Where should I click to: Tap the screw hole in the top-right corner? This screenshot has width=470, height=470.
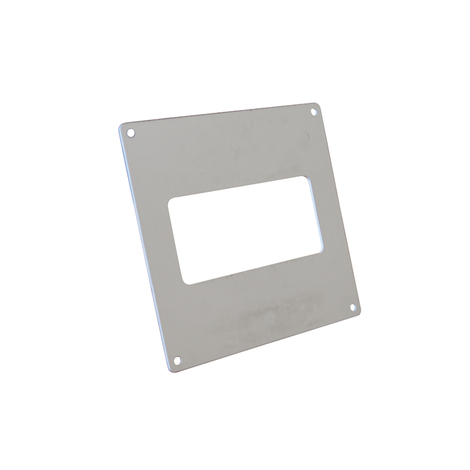pyautogui.click(x=314, y=110)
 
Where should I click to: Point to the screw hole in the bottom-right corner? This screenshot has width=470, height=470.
pyautogui.click(x=352, y=307)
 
